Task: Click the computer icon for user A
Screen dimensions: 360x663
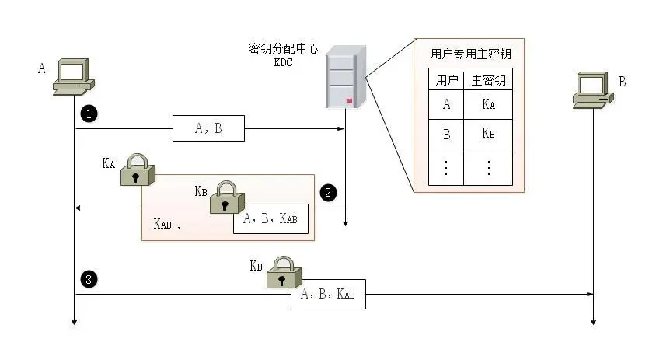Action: point(74,77)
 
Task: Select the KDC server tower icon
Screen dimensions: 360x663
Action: point(344,76)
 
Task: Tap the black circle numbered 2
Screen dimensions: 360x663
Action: point(329,192)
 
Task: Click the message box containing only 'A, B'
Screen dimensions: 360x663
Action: point(208,128)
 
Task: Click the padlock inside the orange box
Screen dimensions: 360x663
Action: point(225,197)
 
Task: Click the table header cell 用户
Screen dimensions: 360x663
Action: point(446,81)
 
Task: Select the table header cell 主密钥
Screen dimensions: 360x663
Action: point(488,81)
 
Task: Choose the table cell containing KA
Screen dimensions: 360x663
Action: point(488,106)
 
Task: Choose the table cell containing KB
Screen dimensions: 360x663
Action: point(488,134)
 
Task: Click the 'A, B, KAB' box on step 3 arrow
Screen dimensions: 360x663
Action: point(327,295)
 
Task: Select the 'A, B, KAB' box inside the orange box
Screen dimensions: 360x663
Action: point(270,219)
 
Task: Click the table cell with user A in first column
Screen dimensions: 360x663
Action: point(446,106)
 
